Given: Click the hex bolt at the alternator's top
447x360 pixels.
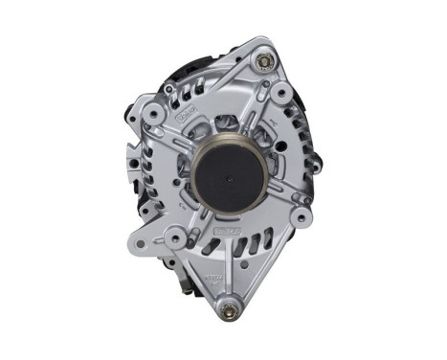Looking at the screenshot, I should (262, 63).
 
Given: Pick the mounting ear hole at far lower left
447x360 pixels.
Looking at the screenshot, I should (141, 243).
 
